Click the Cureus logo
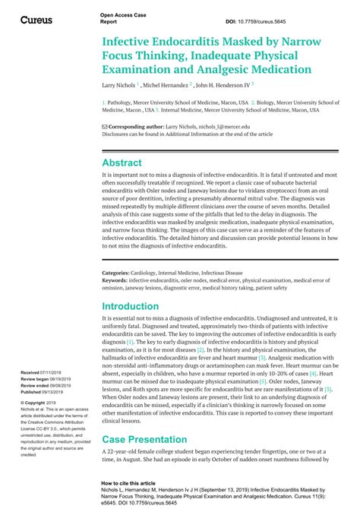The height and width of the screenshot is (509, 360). [x=36, y=19]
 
